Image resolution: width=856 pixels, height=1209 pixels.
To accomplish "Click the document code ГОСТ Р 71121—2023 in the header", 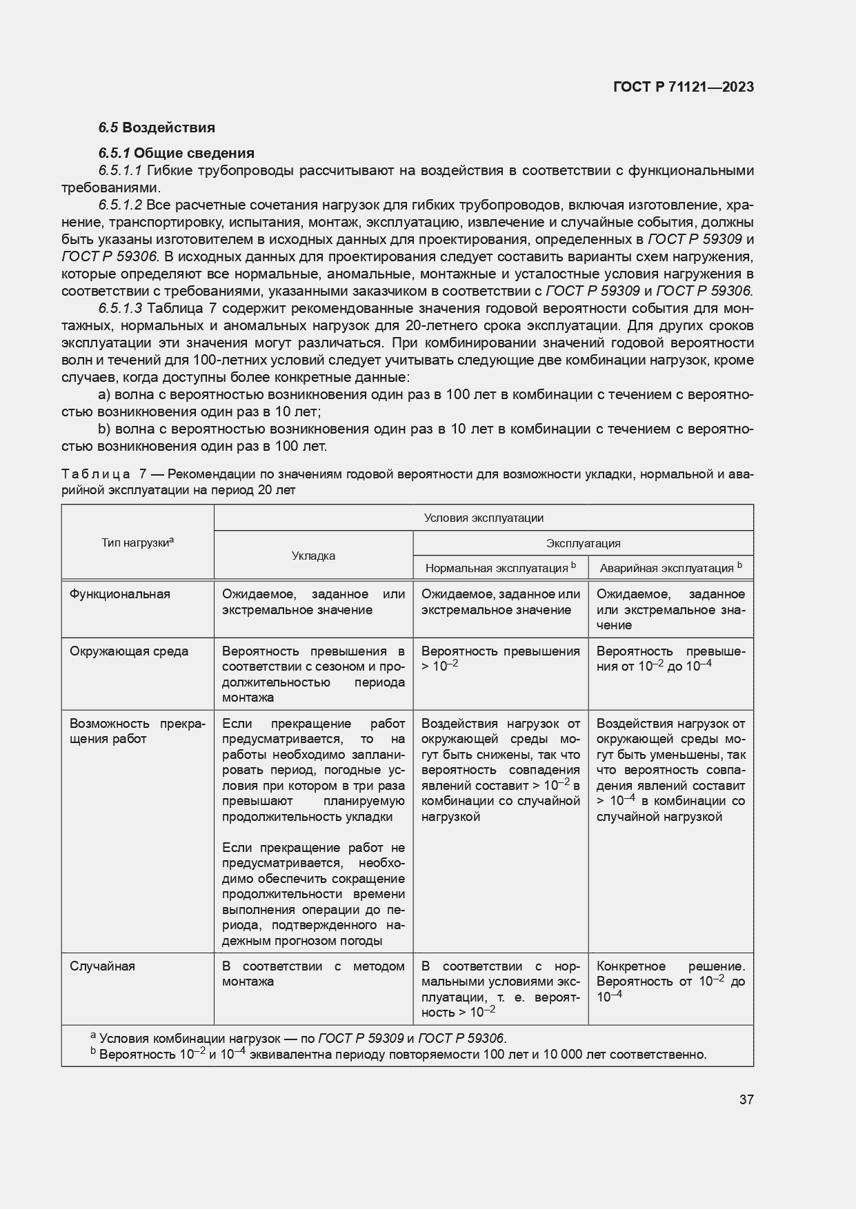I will [683, 87].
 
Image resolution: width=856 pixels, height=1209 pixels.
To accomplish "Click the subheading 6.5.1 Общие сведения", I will [176, 153].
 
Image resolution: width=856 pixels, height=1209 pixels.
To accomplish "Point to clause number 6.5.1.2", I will [120, 205].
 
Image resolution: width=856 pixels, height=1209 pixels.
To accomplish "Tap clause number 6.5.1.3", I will [120, 308].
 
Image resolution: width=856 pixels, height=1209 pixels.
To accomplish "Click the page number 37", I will [746, 1099].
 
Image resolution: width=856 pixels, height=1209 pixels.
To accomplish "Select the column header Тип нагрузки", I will [137, 543].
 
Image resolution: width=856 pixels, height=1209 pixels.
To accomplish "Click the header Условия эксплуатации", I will [483, 518].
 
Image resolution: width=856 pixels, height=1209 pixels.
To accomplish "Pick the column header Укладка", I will [313, 556].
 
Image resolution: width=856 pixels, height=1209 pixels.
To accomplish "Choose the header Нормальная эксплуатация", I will [500, 568].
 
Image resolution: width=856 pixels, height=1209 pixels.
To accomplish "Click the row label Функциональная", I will [119, 594].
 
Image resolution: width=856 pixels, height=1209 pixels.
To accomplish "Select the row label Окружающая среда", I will [128, 651].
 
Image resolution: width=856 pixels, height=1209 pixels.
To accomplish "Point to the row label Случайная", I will [102, 966].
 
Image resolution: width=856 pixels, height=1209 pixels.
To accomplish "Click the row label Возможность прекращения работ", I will [137, 731].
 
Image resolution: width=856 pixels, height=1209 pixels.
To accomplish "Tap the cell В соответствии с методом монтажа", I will [313, 974].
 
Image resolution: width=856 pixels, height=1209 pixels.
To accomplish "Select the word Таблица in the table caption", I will [96, 475].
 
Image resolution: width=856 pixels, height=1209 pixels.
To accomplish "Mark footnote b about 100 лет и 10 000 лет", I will [400, 1055].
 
